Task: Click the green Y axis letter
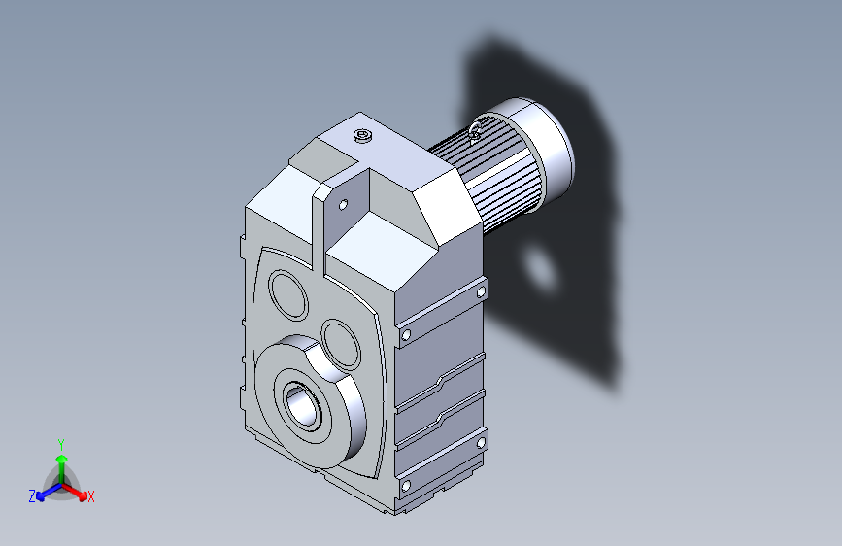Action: (60, 443)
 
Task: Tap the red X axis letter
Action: (91, 497)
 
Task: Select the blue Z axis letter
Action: (32, 496)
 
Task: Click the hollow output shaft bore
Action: (303, 402)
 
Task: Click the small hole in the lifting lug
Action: (342, 205)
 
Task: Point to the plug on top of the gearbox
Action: (363, 136)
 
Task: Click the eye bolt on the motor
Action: (476, 130)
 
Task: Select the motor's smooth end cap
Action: (544, 141)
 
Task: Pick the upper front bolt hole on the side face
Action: (406, 335)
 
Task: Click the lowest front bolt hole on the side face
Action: (406, 485)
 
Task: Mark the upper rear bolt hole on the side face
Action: (481, 290)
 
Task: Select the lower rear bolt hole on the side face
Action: (480, 442)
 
